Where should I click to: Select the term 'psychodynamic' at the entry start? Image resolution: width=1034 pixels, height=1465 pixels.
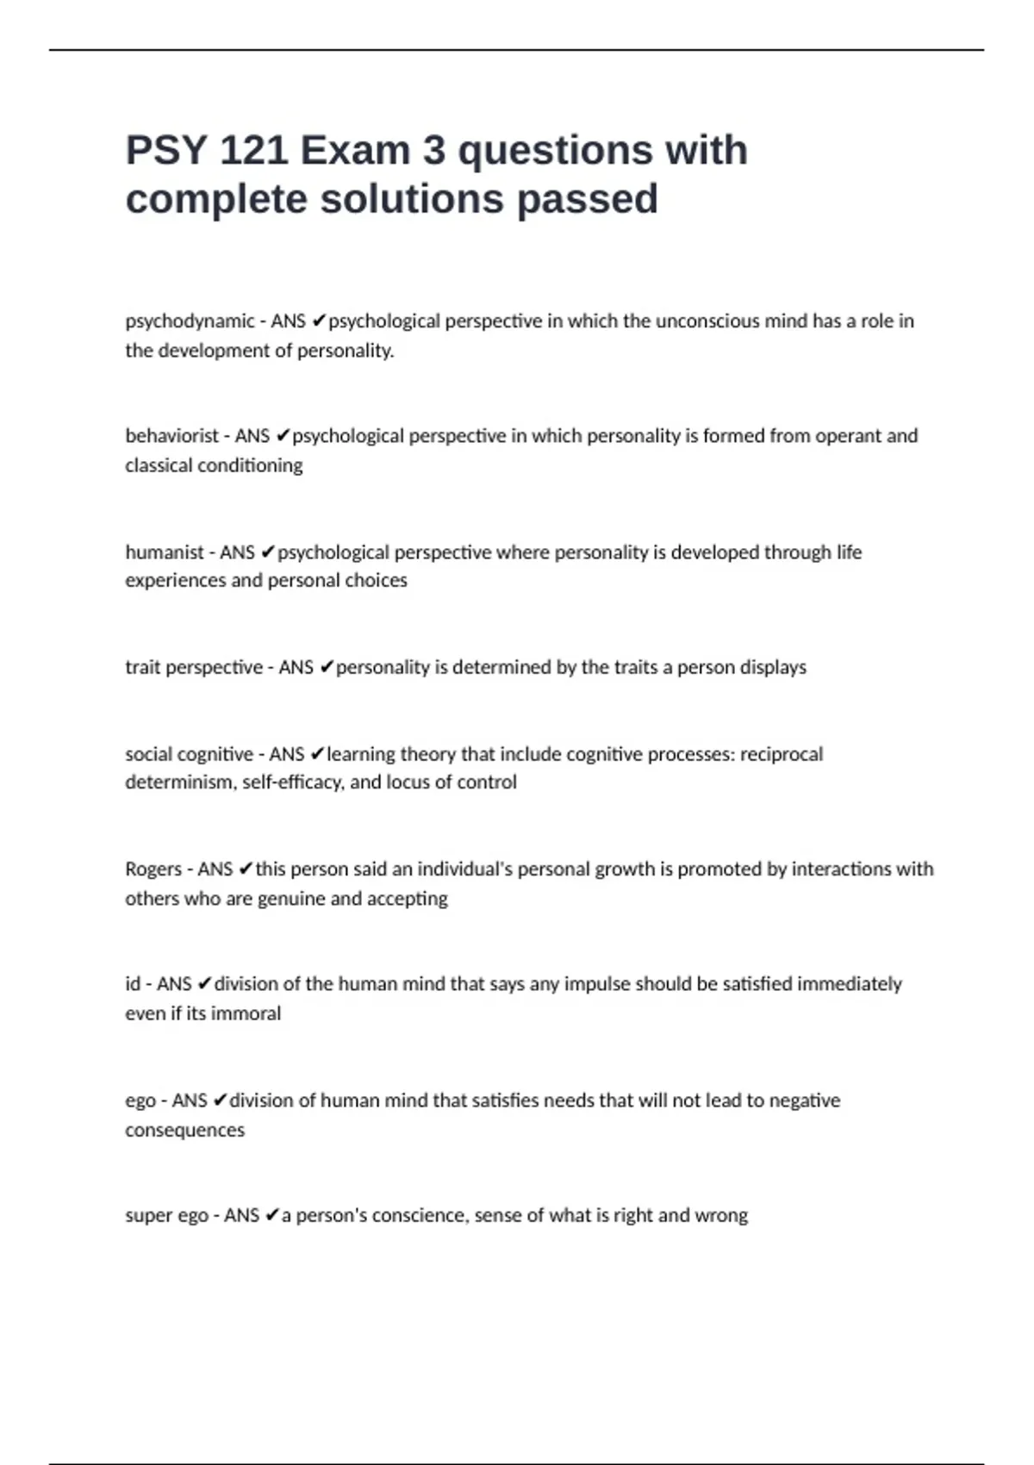[x=190, y=321]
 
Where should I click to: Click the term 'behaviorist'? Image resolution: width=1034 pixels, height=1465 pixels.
[x=171, y=436]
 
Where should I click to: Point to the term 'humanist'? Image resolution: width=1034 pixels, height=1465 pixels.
[x=164, y=552]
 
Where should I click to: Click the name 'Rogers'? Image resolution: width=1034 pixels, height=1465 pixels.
[x=153, y=869]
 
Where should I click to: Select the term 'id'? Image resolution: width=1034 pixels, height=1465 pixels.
[x=133, y=984]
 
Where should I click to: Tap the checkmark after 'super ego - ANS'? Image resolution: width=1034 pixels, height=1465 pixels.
[x=271, y=1215]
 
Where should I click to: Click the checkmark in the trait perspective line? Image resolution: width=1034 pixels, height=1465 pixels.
[x=326, y=667]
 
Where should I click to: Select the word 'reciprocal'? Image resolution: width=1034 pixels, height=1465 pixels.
[x=782, y=754]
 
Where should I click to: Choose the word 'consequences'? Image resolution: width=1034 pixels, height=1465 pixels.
[x=184, y=1130]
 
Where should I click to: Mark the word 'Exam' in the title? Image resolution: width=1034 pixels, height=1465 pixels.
[x=354, y=151]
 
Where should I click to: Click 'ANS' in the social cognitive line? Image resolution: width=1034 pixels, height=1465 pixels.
[x=287, y=754]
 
